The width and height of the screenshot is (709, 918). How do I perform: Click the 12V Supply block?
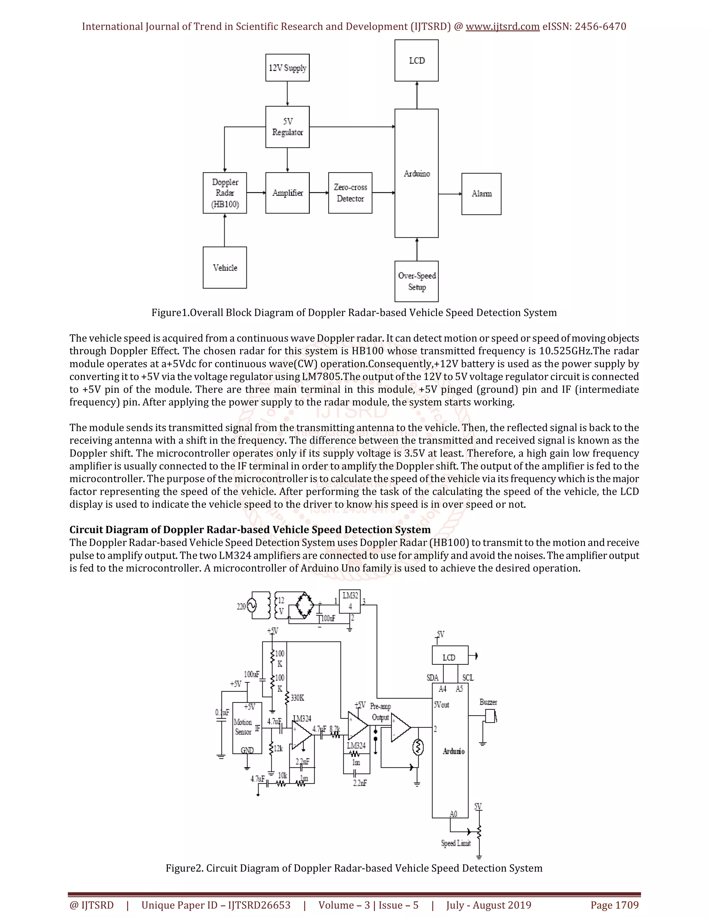(287, 68)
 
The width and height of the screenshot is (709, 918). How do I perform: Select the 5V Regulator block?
(287, 127)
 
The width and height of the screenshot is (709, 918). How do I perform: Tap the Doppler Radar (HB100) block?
(225, 193)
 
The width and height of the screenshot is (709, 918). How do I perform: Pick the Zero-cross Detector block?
(350, 193)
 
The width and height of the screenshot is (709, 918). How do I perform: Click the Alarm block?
(481, 194)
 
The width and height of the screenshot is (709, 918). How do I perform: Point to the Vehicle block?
(225, 268)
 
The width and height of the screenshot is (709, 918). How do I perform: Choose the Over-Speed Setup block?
(417, 281)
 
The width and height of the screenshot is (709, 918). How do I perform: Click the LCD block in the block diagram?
(417, 61)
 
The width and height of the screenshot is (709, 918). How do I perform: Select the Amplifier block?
(287, 193)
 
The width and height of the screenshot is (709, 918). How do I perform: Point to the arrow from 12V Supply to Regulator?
(287, 93)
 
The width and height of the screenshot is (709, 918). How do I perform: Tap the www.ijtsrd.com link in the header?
(502, 26)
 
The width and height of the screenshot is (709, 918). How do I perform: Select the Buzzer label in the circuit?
(488, 703)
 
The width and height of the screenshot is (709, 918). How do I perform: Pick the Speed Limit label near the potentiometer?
(456, 843)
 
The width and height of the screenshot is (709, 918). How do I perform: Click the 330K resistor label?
(297, 698)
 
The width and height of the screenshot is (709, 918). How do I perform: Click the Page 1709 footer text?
(614, 905)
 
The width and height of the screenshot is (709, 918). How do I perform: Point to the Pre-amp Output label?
(380, 712)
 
